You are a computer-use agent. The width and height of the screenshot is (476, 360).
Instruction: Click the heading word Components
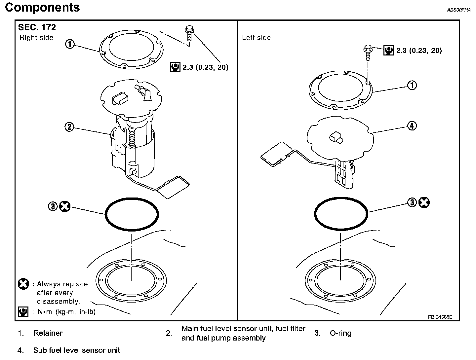42,8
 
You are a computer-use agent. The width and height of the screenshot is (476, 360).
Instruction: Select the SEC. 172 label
37,27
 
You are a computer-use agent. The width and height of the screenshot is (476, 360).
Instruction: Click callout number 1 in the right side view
70,44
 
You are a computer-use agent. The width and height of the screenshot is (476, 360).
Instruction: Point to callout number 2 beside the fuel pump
69,127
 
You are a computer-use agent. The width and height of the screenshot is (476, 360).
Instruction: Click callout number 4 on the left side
412,126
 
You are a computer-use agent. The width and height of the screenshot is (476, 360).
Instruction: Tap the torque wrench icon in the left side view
388,50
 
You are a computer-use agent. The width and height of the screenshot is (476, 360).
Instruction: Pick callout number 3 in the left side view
412,202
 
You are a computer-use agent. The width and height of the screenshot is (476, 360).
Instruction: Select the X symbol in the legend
23,284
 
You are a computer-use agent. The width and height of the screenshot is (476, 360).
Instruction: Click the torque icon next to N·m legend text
23,311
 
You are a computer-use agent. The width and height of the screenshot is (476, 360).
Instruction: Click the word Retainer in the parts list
48,333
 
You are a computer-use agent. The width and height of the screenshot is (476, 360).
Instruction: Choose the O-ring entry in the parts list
340,333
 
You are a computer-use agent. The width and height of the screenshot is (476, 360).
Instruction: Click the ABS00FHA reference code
458,10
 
